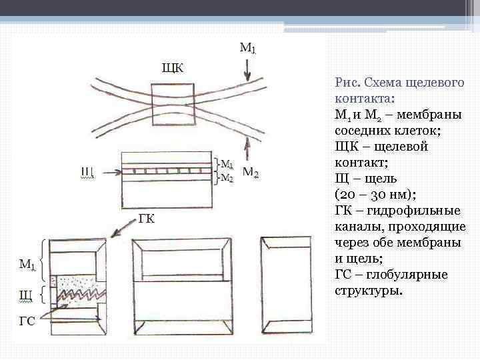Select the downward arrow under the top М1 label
[x=247, y=67]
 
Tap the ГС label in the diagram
[x=27, y=321]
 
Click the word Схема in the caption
[x=386, y=83]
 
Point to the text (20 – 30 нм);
[x=375, y=195]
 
